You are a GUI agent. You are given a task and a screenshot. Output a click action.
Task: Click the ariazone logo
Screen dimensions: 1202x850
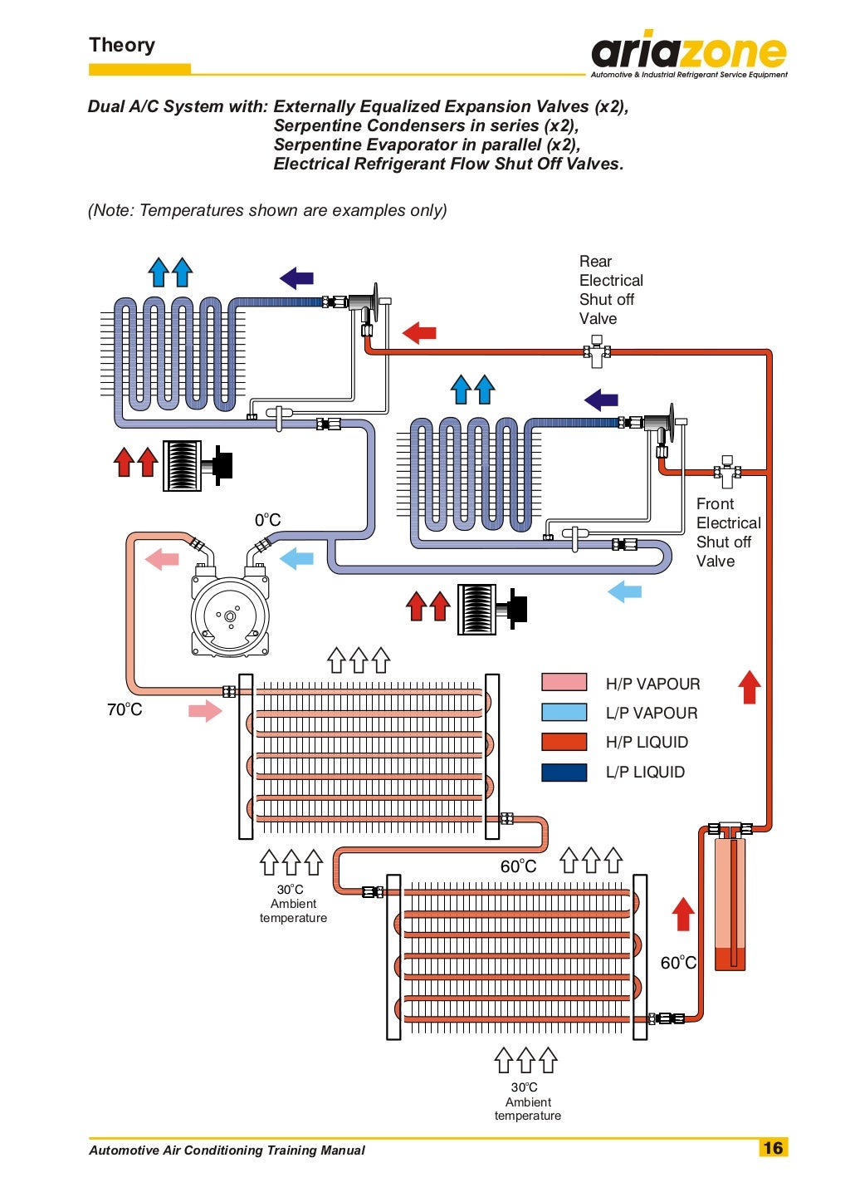(x=688, y=54)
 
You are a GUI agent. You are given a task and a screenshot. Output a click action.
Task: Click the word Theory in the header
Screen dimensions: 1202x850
(x=122, y=45)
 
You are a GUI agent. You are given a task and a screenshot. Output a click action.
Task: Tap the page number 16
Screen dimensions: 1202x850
(x=773, y=1148)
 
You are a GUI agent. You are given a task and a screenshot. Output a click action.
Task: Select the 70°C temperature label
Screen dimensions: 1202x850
(x=125, y=709)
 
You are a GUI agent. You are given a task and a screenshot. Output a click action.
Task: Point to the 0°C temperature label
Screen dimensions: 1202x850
(x=267, y=520)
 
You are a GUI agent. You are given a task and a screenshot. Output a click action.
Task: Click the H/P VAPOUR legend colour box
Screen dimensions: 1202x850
(x=564, y=683)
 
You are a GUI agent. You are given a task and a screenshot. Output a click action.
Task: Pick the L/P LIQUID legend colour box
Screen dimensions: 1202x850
(x=564, y=772)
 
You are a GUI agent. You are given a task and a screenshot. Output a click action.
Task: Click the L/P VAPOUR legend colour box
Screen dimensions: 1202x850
(x=564, y=712)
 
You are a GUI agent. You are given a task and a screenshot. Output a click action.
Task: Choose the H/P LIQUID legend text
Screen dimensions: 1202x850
(x=647, y=743)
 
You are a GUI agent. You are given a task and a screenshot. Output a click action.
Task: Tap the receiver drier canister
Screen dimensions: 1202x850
(x=730, y=901)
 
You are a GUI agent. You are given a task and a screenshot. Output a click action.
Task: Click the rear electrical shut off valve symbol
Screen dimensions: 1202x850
(x=596, y=351)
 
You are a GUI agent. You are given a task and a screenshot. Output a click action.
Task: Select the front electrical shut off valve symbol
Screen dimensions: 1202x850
(x=727, y=471)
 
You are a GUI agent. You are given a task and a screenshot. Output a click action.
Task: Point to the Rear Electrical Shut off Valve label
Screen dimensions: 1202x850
(x=610, y=290)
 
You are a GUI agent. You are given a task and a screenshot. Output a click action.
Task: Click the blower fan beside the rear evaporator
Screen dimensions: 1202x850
(x=196, y=465)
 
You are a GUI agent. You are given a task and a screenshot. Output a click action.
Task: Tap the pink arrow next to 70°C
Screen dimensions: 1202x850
(x=205, y=710)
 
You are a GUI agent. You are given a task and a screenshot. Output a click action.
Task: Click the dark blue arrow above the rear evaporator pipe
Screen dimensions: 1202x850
(x=296, y=277)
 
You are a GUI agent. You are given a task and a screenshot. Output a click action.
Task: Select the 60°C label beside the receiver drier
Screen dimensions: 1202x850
(x=678, y=963)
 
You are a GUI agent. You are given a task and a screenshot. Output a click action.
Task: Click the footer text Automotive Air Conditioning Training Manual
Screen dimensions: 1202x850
(x=227, y=1150)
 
